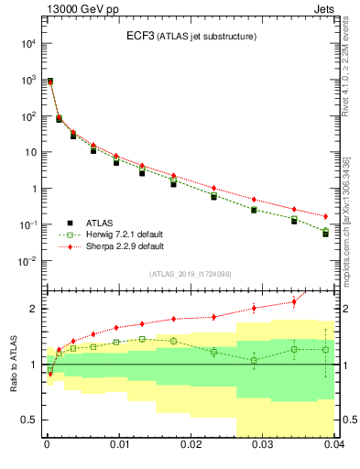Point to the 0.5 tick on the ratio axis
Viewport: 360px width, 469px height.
31,420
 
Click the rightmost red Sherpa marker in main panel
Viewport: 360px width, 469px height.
326,216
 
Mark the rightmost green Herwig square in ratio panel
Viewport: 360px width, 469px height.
326,349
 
